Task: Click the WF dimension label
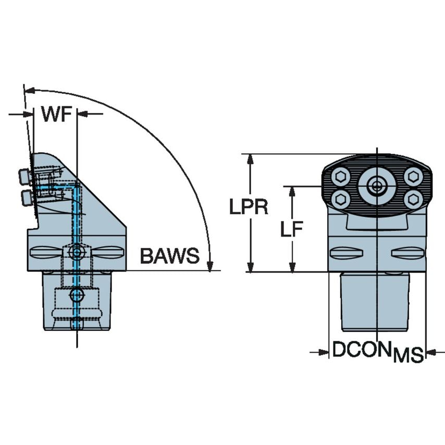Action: [x=56, y=114]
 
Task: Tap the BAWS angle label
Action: [x=169, y=256]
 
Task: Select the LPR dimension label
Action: [x=249, y=207]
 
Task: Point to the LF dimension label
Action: [x=292, y=229]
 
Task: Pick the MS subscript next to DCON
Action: [x=408, y=356]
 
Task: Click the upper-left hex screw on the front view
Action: [x=340, y=177]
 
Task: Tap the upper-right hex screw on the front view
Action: [x=413, y=177]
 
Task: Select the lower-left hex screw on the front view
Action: [x=340, y=198]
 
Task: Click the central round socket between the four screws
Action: [x=376, y=185]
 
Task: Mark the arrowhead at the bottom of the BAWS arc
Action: [x=209, y=266]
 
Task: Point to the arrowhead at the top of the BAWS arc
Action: [x=29, y=91]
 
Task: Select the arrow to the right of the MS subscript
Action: [x=432, y=353]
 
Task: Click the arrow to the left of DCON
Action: [x=323, y=353]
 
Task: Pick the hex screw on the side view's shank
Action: [x=77, y=295]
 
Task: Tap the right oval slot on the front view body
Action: [x=407, y=253]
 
